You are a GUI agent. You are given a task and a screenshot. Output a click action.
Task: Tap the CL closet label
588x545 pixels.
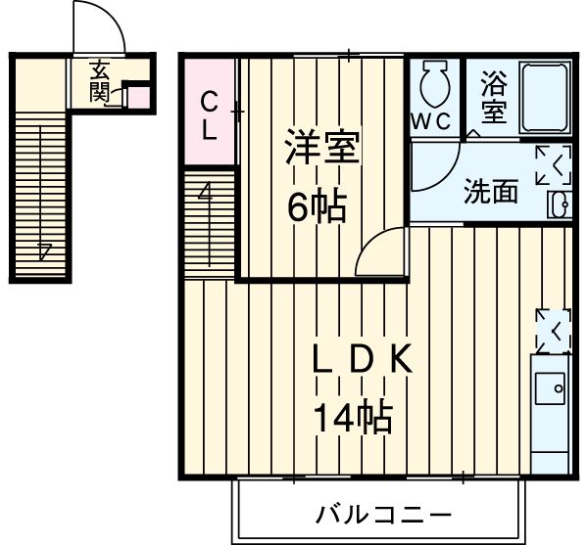pyautogui.click(x=209, y=115)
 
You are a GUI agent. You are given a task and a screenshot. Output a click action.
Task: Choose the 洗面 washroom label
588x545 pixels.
pyautogui.click(x=490, y=192)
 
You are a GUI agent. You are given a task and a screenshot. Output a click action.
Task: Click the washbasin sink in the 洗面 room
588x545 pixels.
pyautogui.click(x=561, y=204)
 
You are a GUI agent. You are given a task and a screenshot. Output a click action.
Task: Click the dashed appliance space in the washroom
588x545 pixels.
pyautogui.click(x=554, y=165)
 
